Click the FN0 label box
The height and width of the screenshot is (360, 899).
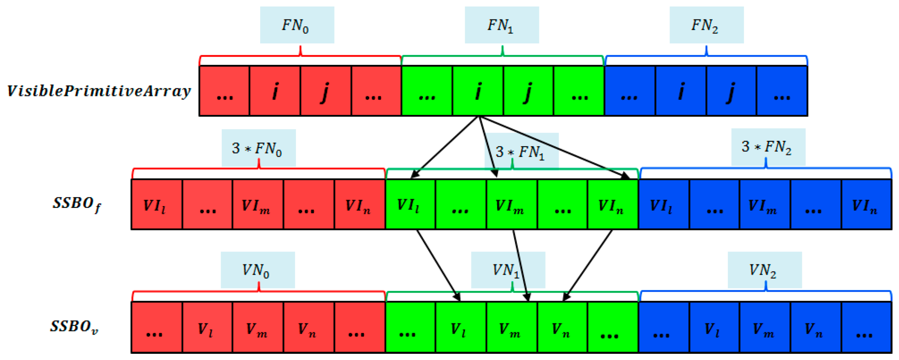297,25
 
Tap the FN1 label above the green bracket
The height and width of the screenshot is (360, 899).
501,25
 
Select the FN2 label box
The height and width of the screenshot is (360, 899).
706,25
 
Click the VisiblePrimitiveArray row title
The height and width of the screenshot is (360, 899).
99,91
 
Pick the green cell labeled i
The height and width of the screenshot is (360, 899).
478,91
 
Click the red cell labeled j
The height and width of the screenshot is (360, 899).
325,91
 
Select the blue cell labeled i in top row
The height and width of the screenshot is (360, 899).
680,91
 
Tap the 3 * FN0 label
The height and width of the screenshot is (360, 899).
258,148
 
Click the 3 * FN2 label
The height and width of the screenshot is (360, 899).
768,147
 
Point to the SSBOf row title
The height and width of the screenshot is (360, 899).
77,204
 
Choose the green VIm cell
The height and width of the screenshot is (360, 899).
511,205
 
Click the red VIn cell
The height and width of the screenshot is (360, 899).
360,205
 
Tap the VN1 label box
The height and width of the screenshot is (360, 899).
508,270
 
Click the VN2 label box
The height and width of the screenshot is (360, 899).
764,270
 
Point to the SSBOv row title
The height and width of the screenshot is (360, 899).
74,327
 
